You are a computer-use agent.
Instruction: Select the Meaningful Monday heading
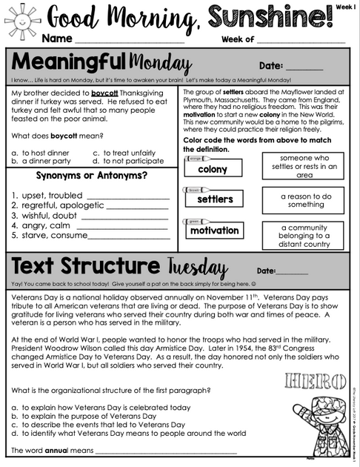tap(100, 62)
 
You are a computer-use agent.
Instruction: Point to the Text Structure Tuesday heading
tap(119, 268)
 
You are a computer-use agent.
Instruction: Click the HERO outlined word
tap(315, 382)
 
